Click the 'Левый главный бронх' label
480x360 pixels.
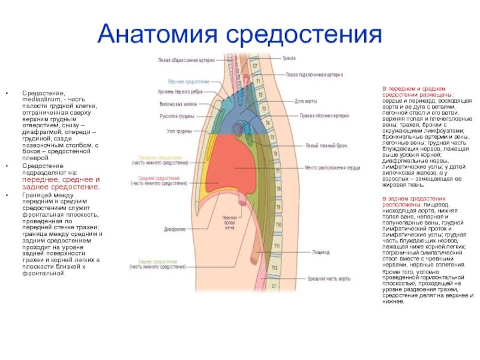point(319,146)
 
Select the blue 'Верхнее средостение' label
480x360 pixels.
point(188,81)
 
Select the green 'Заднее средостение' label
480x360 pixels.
point(157,262)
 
